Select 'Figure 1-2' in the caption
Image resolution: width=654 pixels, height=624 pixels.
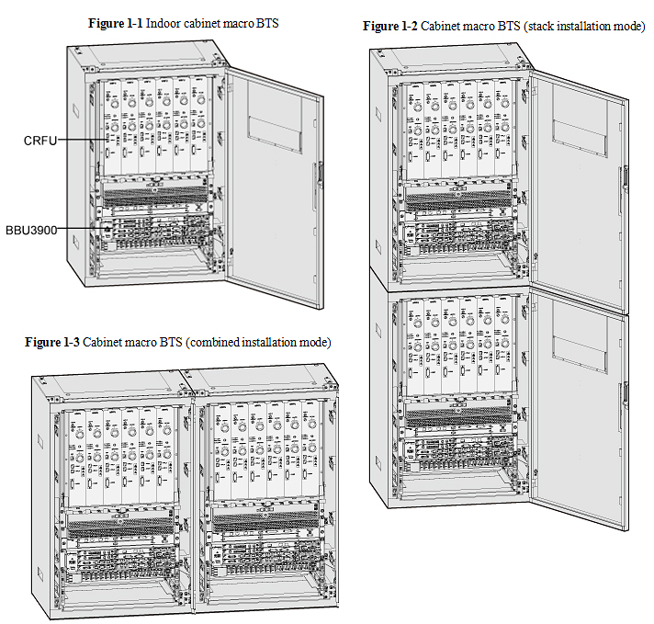click(x=390, y=27)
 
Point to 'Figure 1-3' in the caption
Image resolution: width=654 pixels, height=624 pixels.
click(x=52, y=343)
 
